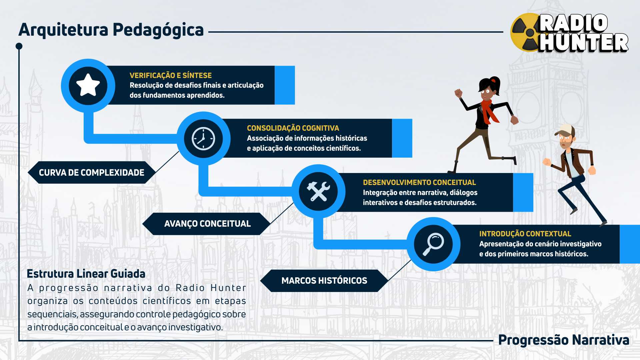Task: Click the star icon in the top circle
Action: (88, 85)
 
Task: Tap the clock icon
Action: (203, 138)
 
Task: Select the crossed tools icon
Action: (318, 191)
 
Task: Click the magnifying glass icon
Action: (433, 244)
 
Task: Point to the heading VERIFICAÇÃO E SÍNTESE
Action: (170, 75)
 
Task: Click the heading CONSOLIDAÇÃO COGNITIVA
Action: (293, 128)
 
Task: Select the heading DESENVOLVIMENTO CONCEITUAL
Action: (419, 182)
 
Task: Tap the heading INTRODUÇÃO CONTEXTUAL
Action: (525, 234)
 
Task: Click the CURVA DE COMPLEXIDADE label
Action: (91, 172)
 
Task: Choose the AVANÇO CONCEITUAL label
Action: (207, 224)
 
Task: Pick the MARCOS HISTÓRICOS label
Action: (324, 281)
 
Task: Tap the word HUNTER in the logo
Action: (583, 43)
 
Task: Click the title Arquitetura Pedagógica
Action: (111, 30)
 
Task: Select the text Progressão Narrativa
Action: (563, 340)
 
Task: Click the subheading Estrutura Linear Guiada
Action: (86, 274)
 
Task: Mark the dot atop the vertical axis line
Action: (19, 46)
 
